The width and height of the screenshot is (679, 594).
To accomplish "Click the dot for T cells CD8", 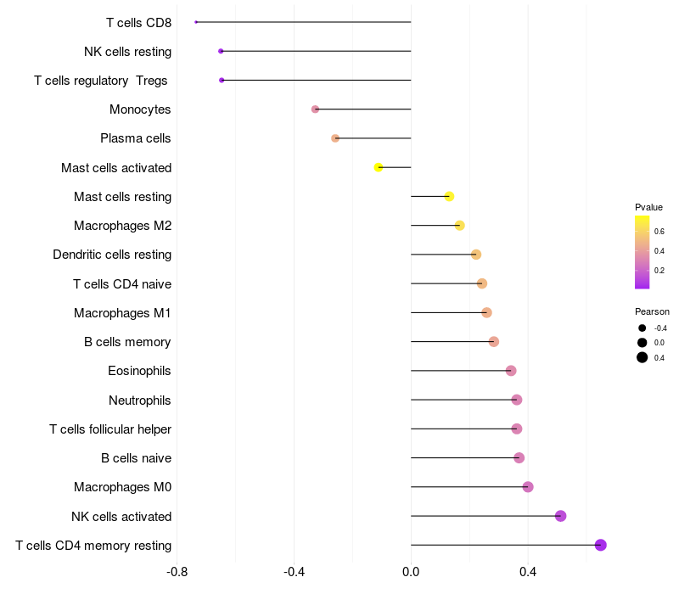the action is coord(196,22).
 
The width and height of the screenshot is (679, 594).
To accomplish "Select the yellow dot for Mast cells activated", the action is coord(378,167).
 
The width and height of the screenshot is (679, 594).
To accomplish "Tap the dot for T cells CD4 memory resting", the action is coord(600,545).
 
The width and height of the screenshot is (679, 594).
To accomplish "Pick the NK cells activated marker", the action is coord(560,516).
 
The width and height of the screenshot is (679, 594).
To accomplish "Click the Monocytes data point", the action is coord(315,109).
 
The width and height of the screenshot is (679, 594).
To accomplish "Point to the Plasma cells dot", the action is coord(335,138).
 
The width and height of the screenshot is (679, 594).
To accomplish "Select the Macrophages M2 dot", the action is coord(459,226).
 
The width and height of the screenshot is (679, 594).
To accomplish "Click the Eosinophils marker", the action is coord(511,371).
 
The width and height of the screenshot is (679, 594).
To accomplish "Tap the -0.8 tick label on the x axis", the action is coord(177,572).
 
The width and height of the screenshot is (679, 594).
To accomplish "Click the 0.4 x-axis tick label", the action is coord(528,572).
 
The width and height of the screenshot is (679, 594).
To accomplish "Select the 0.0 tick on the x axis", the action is coord(411,572).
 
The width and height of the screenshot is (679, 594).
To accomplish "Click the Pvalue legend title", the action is coord(648,207).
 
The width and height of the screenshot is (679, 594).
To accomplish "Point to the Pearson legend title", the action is coord(652,311).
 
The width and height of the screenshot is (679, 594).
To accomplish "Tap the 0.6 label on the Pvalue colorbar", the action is coord(659,232).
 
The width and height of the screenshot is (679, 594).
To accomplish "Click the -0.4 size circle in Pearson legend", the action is coord(643,328).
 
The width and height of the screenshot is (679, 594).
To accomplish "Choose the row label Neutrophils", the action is coord(139,401).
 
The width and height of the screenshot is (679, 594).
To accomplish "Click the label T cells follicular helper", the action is coord(110,429).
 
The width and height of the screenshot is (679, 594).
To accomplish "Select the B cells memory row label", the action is coord(127,342).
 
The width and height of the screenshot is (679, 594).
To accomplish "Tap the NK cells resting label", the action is coord(128,52).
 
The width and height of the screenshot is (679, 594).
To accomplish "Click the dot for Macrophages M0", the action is coord(527,487).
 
